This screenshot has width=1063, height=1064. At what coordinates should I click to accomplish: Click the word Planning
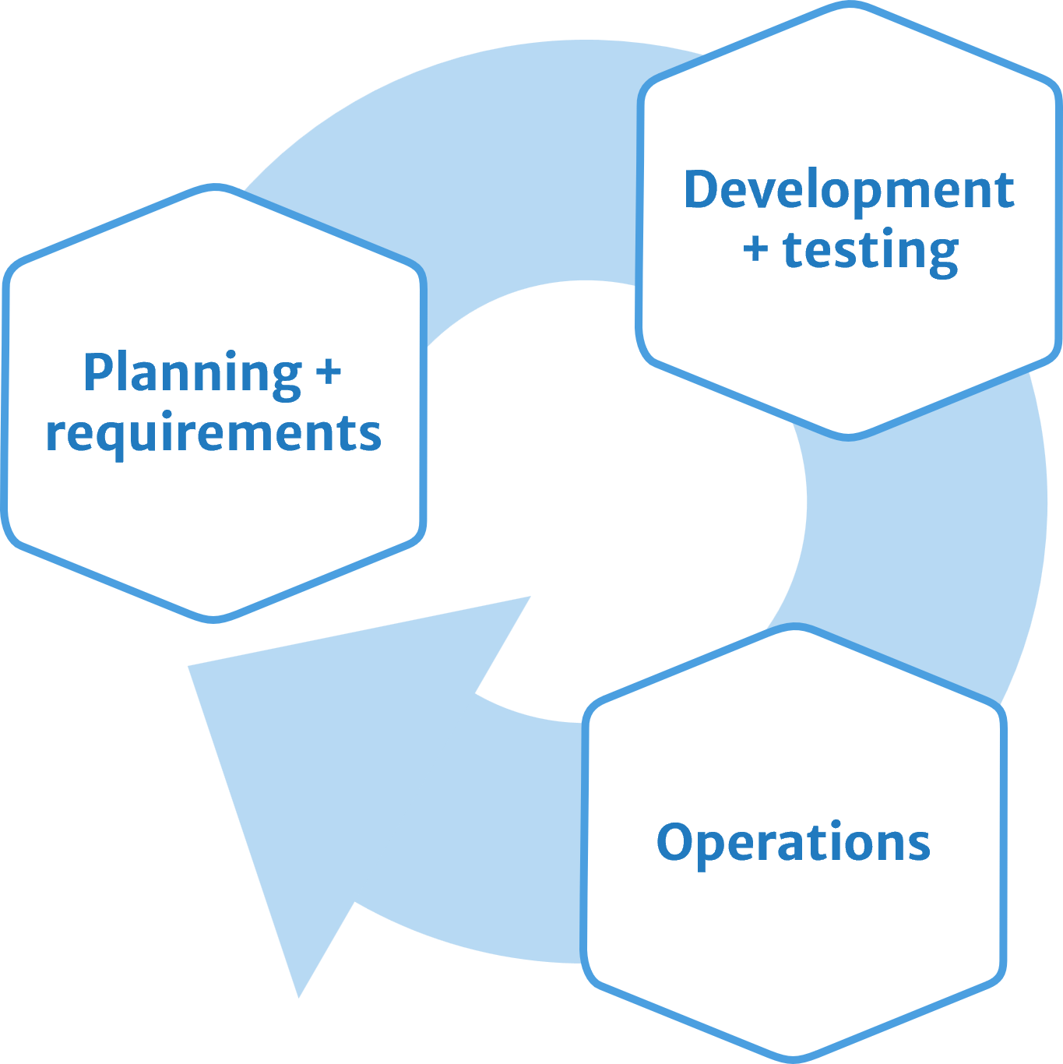192,373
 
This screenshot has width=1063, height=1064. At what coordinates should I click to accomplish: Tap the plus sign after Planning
329,372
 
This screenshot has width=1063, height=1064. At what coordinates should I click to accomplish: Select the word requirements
213,434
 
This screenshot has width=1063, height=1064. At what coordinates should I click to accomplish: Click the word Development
848,190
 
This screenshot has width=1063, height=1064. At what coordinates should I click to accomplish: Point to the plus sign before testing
755,249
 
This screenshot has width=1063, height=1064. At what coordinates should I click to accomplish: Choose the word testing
870,251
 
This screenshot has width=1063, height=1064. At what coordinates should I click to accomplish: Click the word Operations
793,842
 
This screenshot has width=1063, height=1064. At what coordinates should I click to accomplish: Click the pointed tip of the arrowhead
298,995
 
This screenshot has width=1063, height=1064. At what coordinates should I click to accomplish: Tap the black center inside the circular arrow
615,499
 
